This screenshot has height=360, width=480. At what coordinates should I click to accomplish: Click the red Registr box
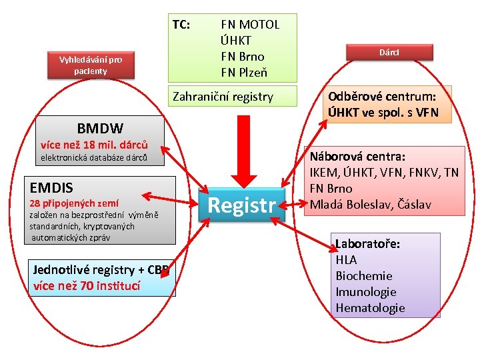[x=242, y=205]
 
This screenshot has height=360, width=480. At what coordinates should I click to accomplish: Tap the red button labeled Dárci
[x=389, y=51]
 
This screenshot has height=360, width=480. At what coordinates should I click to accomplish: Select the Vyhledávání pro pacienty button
[x=91, y=65]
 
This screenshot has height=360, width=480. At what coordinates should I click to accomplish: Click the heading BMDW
[x=99, y=127]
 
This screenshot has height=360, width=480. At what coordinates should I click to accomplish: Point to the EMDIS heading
[x=51, y=187]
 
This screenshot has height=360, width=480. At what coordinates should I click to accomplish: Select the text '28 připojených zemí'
[x=75, y=203]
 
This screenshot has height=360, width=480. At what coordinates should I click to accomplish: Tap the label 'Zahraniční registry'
[x=223, y=97]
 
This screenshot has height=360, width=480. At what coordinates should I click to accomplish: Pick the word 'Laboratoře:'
[x=367, y=244]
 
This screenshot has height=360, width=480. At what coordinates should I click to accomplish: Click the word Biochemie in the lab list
[x=363, y=276]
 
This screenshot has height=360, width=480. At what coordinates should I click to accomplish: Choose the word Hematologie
[x=370, y=308]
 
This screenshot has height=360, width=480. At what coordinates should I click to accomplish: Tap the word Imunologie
[x=365, y=292]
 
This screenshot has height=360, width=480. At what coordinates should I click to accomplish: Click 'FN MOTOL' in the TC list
[x=250, y=25]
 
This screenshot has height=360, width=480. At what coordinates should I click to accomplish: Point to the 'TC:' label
[x=181, y=25]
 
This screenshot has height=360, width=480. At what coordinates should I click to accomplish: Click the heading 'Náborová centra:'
[x=356, y=157]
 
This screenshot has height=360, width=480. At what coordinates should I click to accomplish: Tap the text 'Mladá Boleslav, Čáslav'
[x=369, y=204]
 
